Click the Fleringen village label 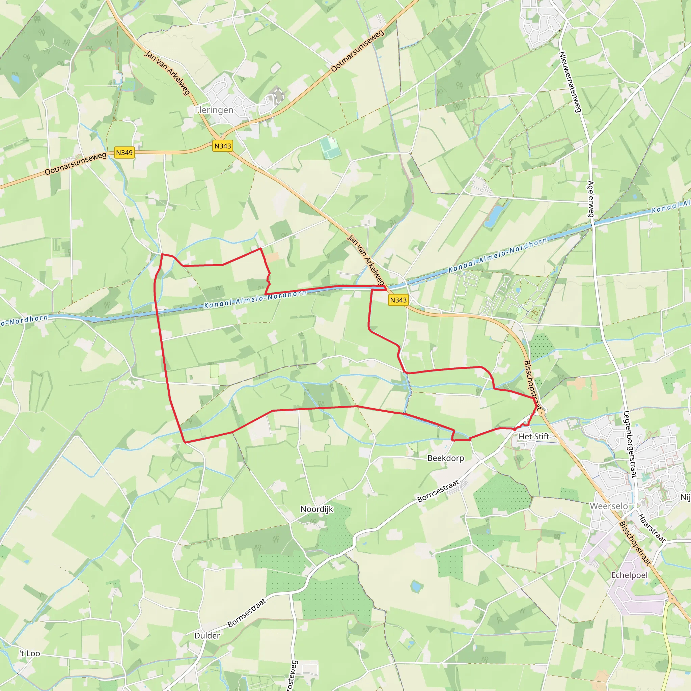coord(214,110)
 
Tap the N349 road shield coord(124,153)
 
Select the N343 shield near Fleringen coord(222,146)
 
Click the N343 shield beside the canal coord(398,300)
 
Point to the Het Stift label coord(534,436)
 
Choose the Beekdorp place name coord(446,458)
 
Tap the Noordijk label coord(316,509)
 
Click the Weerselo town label coord(608,506)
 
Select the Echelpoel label coord(629,575)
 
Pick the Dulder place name coord(207,636)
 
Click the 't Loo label coord(30,654)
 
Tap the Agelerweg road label coord(590,199)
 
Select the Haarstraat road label coord(652,528)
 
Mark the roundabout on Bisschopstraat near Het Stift coord(542,413)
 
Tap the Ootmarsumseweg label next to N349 coord(76,163)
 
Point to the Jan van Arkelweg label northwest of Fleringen coord(167,73)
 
